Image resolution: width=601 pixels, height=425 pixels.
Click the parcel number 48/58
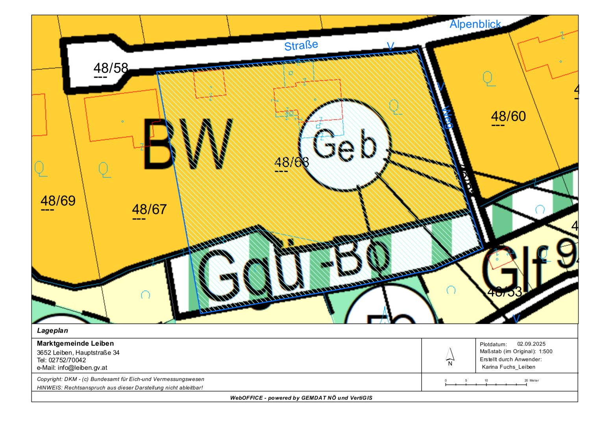pos(111,68)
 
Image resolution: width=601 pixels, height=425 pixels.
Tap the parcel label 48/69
pos(58,201)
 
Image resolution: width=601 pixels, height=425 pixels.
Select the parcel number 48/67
pos(149,209)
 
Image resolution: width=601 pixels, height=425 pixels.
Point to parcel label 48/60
pos(508,116)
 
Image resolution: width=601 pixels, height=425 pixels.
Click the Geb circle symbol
pos(345,145)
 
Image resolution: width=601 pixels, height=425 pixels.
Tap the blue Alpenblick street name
pos(475,24)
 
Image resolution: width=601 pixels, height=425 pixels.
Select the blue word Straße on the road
pos(301,46)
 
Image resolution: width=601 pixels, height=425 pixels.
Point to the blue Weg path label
pos(446,118)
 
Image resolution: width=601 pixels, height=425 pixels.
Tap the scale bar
pos(486,384)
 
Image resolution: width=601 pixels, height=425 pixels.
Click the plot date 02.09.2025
pos(531,344)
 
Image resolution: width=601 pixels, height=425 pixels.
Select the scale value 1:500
pos(546,351)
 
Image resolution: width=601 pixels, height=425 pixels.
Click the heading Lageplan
pos(52,331)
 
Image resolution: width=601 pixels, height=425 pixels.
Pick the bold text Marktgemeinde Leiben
pos(75,343)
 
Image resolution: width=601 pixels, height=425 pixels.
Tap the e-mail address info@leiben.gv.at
pos(82,368)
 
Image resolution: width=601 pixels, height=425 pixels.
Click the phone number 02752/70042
pos(67,360)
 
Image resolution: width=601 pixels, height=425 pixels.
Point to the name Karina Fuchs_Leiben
pos(509,367)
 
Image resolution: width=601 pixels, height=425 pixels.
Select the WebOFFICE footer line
pos(301,397)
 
